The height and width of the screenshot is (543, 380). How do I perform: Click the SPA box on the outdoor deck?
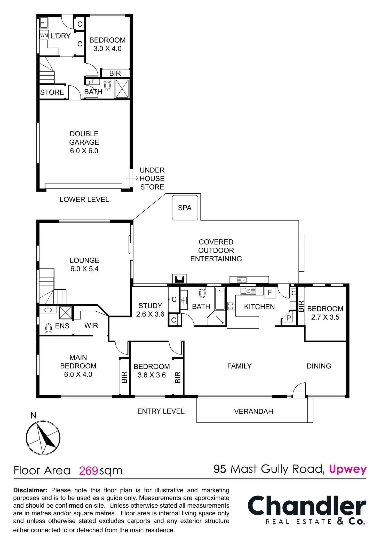pyautogui.click(x=185, y=208)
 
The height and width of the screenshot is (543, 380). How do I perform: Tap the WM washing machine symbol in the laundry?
pyautogui.click(x=44, y=35)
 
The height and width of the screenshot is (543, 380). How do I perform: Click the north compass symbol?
pyautogui.click(x=43, y=437)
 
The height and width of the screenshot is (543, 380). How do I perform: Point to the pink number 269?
pyautogui.click(x=88, y=471)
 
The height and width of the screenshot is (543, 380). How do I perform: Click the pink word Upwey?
pyautogui.click(x=347, y=469)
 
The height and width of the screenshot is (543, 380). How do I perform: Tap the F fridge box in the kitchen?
pyautogui.click(x=270, y=292)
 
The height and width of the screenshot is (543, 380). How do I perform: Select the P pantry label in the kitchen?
pyautogui.click(x=289, y=318)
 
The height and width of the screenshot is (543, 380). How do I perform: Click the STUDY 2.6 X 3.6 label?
pyautogui.click(x=150, y=310)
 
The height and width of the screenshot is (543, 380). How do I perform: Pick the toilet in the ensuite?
pyautogui.click(x=48, y=328)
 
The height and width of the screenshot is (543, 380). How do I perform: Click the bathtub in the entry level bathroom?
pyautogui.click(x=220, y=299)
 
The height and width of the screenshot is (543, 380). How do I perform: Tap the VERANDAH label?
pyautogui.click(x=254, y=411)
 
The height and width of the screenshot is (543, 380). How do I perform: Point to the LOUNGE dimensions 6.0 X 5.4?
pyautogui.click(x=84, y=269)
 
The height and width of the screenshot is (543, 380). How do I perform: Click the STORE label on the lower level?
pyautogui.click(x=52, y=92)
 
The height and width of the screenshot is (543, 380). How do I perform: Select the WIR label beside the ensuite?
pyautogui.click(x=91, y=326)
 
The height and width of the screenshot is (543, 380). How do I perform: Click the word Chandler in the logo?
pyautogui.click(x=307, y=506)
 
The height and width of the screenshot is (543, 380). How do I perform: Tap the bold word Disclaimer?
pyautogui.click(x=30, y=490)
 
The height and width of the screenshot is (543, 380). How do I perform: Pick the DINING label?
pyautogui.click(x=319, y=366)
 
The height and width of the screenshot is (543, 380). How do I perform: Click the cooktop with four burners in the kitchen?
pyautogui.click(x=231, y=306)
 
